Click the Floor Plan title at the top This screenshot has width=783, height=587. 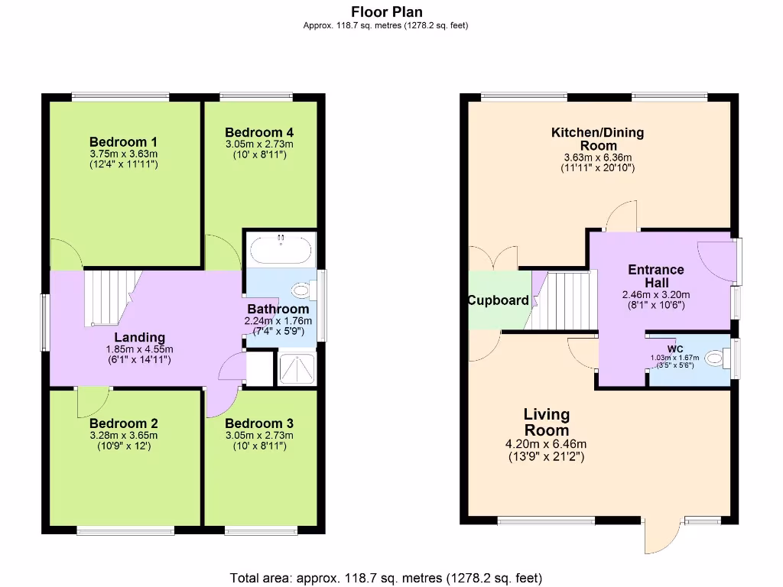386,11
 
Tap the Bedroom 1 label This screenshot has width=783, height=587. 123,141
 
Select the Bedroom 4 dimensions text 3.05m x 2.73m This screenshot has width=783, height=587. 259,144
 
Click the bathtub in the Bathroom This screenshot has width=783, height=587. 281,248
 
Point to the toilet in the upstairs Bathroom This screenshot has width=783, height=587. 303,290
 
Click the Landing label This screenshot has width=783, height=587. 139,337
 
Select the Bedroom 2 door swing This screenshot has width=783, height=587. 93,402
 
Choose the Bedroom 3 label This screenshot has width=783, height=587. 259,423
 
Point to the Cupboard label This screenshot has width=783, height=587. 498,300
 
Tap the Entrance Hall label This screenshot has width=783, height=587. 655,276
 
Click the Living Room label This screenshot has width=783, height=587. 546,422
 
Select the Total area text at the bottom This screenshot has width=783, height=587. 386,577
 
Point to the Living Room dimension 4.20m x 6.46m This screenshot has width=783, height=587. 546,444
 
